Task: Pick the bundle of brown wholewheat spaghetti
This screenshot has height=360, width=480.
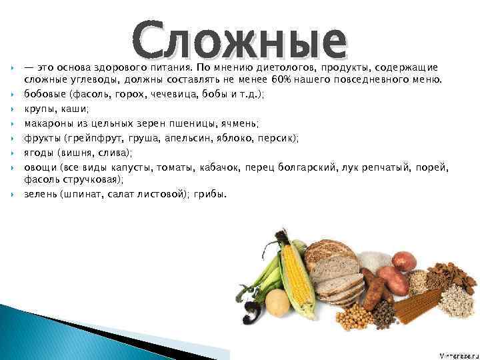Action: tap(417, 307)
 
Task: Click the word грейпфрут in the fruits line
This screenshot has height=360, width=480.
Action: tap(97, 138)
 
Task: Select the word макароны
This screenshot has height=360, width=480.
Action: tap(49, 123)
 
